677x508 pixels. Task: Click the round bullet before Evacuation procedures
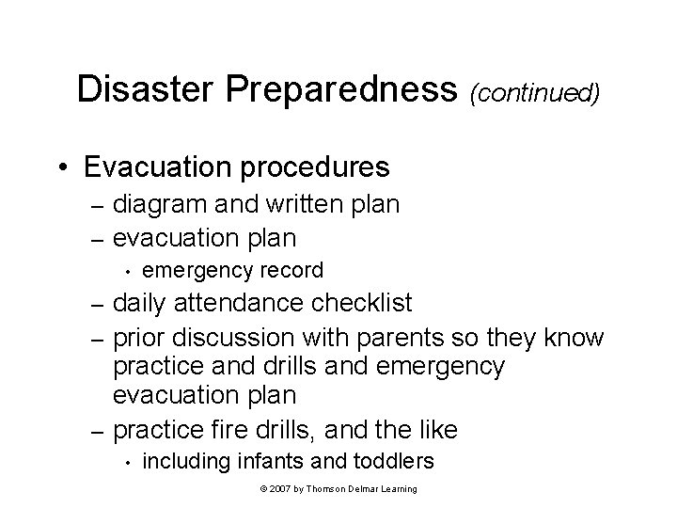[62, 168]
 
